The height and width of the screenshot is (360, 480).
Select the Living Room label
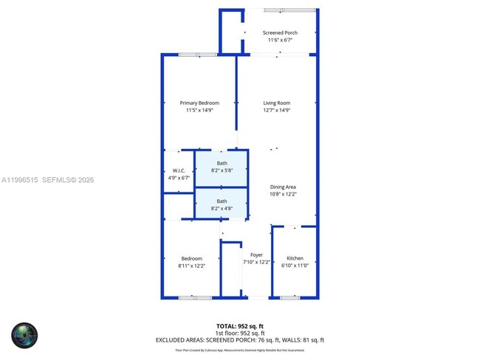[277, 103]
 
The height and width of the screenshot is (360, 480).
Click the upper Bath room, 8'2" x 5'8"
[222, 167]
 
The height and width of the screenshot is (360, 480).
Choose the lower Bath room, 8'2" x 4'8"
[222, 204]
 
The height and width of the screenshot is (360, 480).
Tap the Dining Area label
[283, 187]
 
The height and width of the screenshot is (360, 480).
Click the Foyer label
[256, 255]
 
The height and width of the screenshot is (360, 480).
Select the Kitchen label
[295, 258]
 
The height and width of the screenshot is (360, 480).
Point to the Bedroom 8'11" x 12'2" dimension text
[191, 266]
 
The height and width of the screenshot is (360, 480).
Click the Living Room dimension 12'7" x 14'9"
[277, 111]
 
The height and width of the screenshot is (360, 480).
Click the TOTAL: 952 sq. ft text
[239, 325]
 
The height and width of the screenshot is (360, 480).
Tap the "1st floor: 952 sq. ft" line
[239, 333]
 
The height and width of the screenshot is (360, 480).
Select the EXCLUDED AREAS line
[239, 340]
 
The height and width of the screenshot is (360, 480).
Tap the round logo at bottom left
[24, 336]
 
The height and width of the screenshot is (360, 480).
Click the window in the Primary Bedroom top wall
[196, 54]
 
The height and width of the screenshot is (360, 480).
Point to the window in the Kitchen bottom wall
[289, 297]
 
